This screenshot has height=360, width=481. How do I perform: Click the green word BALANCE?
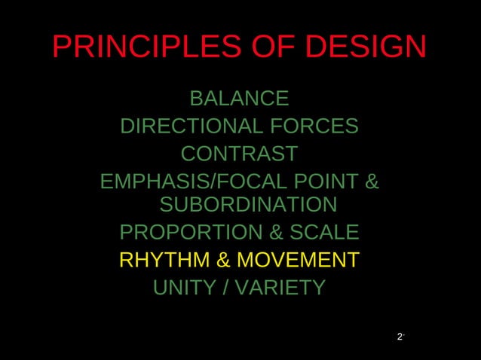[x=239, y=99]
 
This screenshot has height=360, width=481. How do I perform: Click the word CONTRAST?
[x=239, y=154]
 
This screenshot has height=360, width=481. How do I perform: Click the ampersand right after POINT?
[x=372, y=182]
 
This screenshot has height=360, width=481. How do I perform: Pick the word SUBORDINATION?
[x=248, y=205]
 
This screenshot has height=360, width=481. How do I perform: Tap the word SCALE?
[x=322, y=232]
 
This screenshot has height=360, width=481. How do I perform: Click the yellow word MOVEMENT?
[x=298, y=261]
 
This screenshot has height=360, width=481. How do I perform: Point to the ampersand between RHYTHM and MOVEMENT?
[x=224, y=261]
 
